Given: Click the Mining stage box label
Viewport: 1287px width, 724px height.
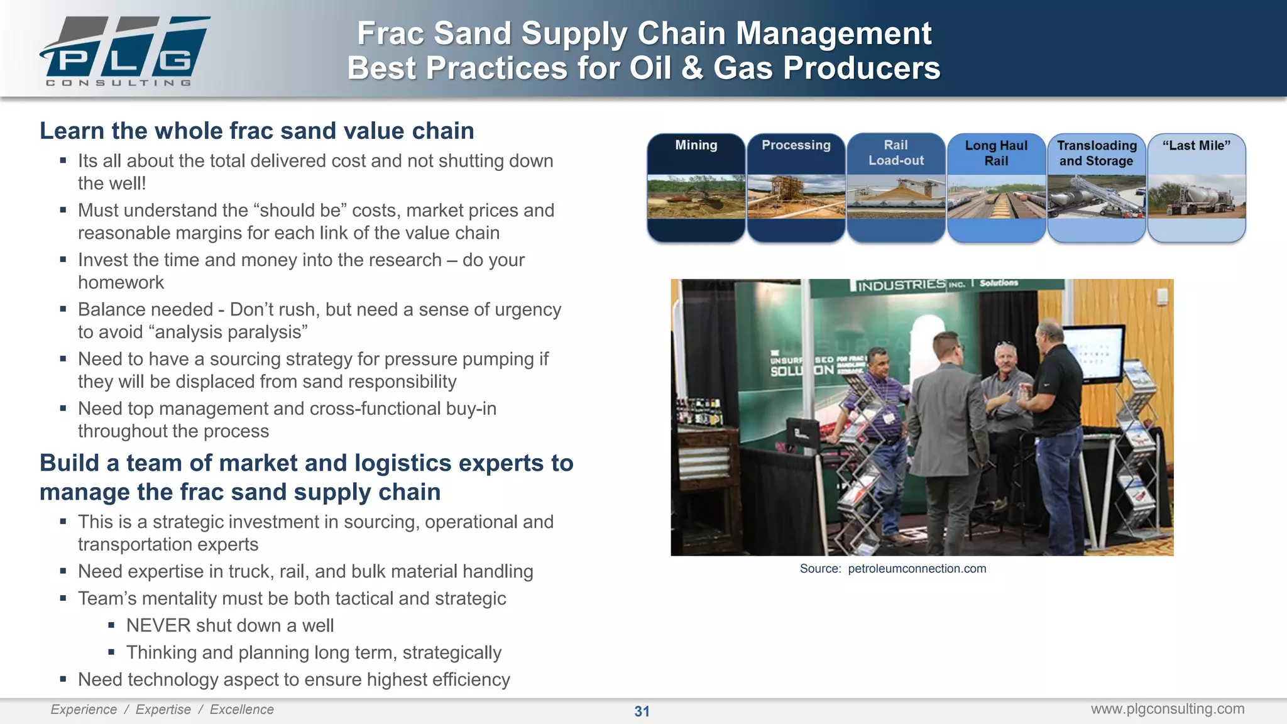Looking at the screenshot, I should [x=696, y=145].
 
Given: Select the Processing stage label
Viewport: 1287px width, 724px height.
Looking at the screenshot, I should [x=796, y=145].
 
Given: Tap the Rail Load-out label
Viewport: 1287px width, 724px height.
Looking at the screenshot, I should [x=895, y=153].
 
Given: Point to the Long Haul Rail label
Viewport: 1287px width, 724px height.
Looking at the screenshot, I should [x=996, y=153].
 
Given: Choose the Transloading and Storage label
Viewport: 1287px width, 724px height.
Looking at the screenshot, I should [x=1097, y=153].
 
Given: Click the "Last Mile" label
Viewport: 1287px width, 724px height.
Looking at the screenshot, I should [x=1196, y=145].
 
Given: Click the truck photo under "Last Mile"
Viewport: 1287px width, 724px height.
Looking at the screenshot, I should [x=1196, y=196].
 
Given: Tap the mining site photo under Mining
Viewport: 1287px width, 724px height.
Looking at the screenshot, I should [x=696, y=196].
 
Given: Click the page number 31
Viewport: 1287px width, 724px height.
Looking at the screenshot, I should [x=642, y=711].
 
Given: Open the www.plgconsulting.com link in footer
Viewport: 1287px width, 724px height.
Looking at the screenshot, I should [x=1167, y=709].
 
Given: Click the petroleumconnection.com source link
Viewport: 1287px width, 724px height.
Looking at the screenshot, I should [x=917, y=569].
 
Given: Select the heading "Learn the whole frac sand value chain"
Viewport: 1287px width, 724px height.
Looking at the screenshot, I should [x=256, y=131].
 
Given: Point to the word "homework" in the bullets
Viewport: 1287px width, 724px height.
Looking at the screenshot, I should [x=121, y=283].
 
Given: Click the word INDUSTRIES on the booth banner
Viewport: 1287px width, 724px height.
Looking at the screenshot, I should [x=901, y=285].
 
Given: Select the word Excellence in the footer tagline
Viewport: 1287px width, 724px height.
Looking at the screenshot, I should [x=241, y=710].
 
